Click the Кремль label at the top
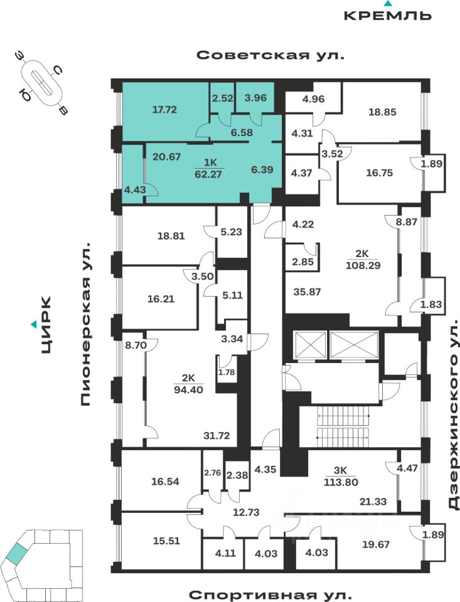point(388,14)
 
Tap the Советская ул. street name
point(270,55)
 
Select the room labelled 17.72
point(165,109)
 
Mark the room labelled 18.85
point(382,112)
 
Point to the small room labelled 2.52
point(222,98)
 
